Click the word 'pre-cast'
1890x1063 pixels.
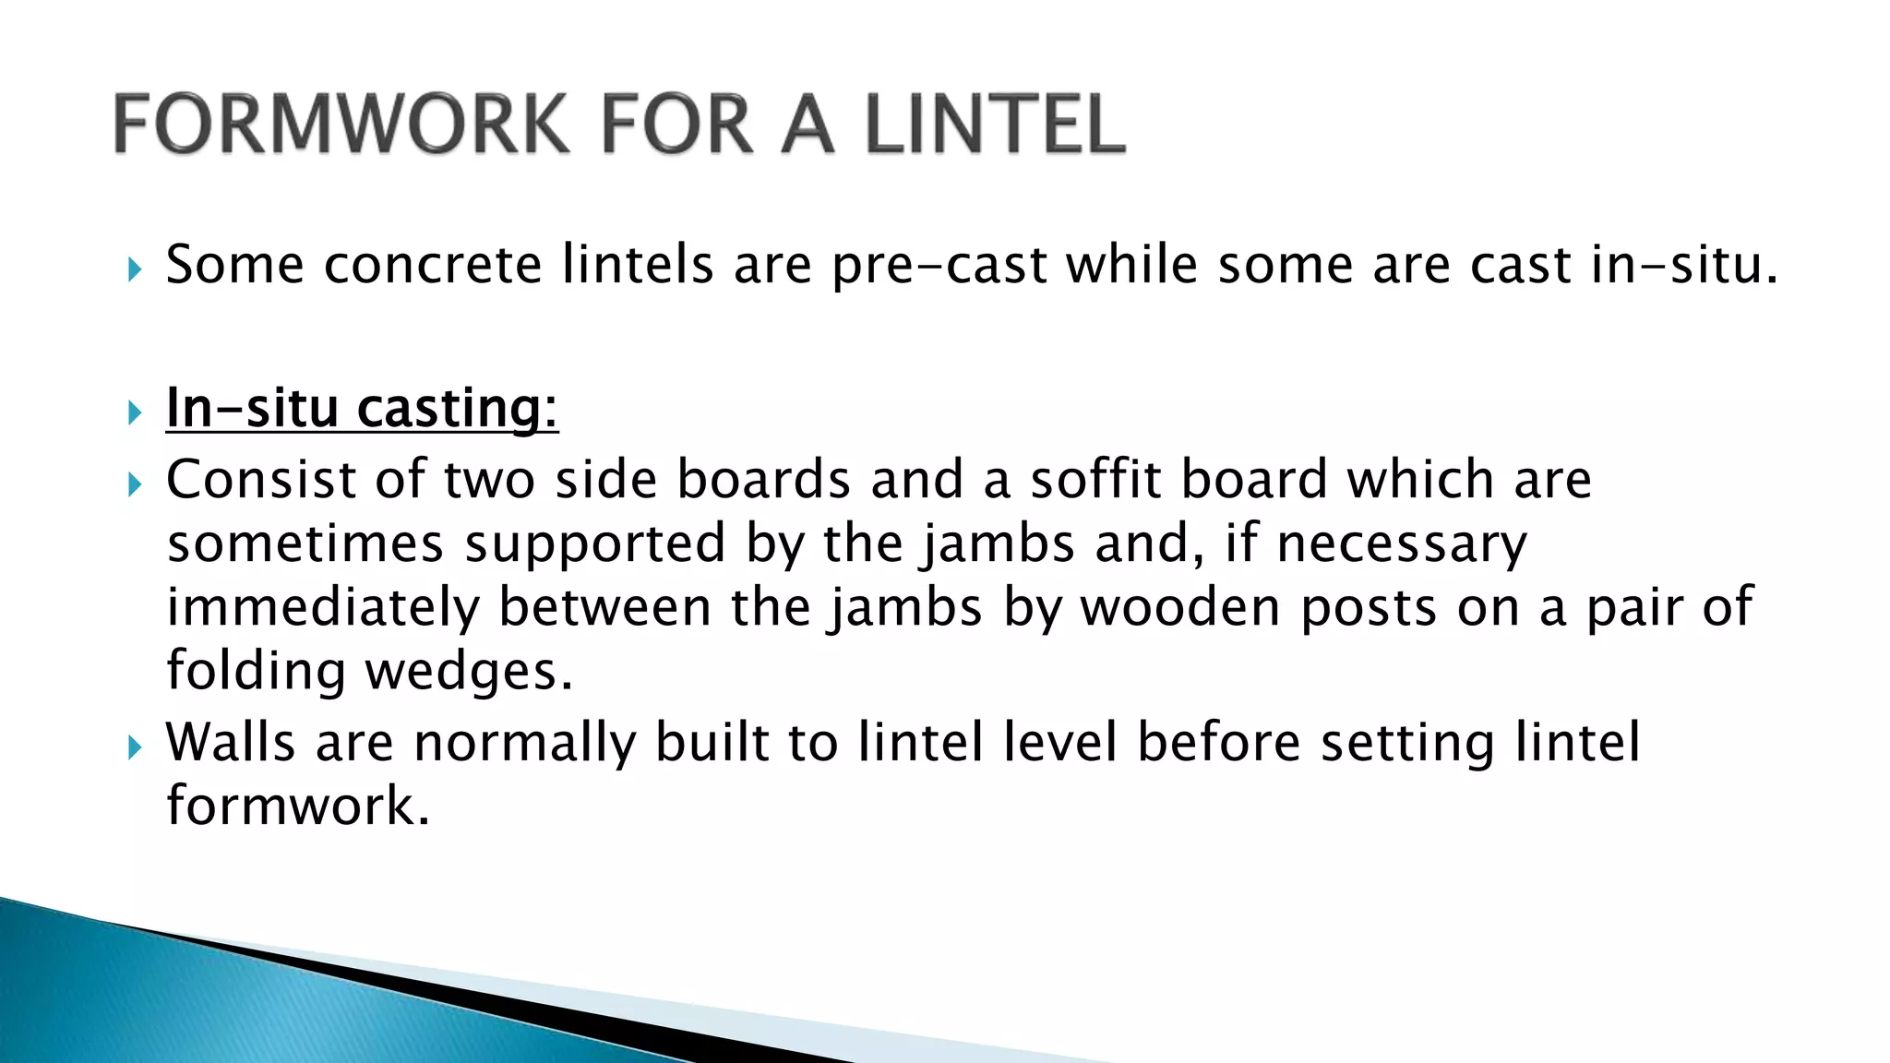click(x=939, y=267)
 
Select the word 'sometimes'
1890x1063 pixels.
click(x=305, y=543)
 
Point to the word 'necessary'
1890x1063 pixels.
click(x=1402, y=545)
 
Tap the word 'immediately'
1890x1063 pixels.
click(x=323, y=609)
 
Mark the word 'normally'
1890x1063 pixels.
click(x=525, y=744)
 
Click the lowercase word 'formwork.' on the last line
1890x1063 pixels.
click(x=298, y=805)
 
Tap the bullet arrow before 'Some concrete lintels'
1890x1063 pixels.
click(x=135, y=269)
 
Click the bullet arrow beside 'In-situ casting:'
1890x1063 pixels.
click(x=135, y=412)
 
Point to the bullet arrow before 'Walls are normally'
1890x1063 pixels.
click(x=135, y=746)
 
